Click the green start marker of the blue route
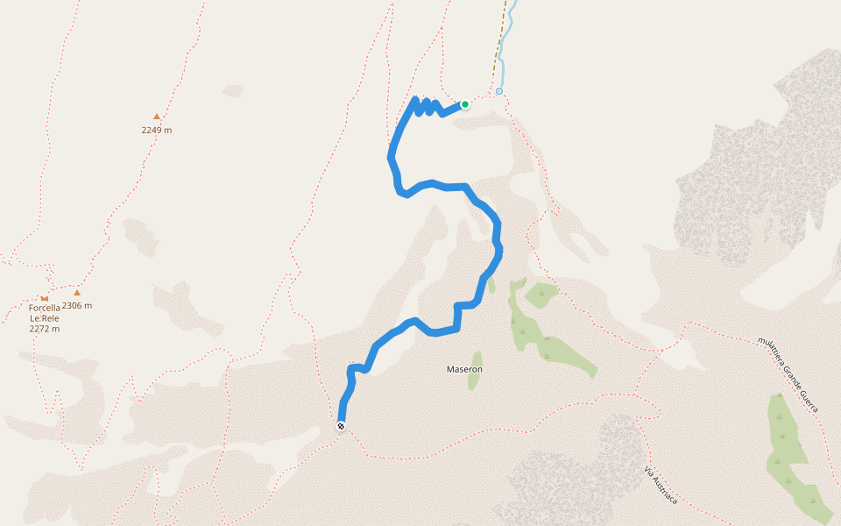[x=465, y=104]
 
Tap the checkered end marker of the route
[x=341, y=426]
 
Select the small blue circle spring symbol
[x=499, y=91]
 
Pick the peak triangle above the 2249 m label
[x=157, y=117]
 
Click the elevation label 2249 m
[x=157, y=131]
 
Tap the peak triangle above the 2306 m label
[x=77, y=293]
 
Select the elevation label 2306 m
[x=77, y=306]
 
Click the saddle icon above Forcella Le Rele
[x=44, y=298]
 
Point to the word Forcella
[x=45, y=308]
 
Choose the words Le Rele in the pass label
[x=45, y=318]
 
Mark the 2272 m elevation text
[x=45, y=329]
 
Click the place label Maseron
[x=464, y=369]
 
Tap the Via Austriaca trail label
[x=661, y=485]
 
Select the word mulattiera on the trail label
[x=770, y=349]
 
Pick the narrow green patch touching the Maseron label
[x=476, y=381]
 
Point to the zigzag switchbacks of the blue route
[x=426, y=107]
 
